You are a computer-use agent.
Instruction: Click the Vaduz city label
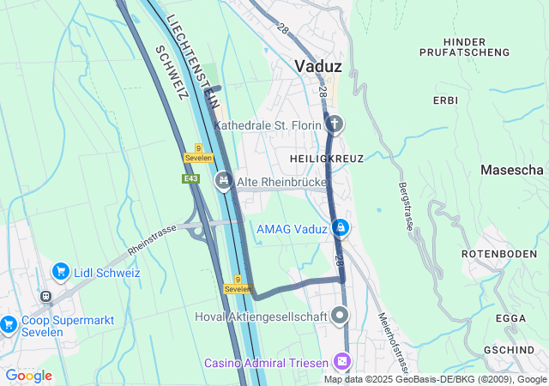point(318,66)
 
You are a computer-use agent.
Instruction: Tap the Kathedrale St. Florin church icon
point(335,125)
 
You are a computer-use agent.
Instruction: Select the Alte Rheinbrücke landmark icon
point(224,180)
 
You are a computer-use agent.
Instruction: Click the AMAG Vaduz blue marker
point(341,227)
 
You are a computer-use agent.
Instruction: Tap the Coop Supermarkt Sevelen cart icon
point(9,323)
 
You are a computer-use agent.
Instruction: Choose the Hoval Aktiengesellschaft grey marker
point(341,316)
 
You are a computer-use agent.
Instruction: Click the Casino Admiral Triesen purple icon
point(342,363)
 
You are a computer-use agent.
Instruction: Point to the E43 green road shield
point(190,178)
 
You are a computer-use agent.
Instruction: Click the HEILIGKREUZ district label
point(327,159)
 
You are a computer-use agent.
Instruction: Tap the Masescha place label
point(512,171)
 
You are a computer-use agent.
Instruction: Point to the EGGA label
point(510,318)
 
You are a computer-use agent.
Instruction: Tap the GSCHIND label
point(510,350)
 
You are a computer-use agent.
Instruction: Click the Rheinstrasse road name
point(151,240)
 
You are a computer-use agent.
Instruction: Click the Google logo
point(28,376)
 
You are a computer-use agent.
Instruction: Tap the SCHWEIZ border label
point(171,72)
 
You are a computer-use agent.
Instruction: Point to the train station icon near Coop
point(45,297)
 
